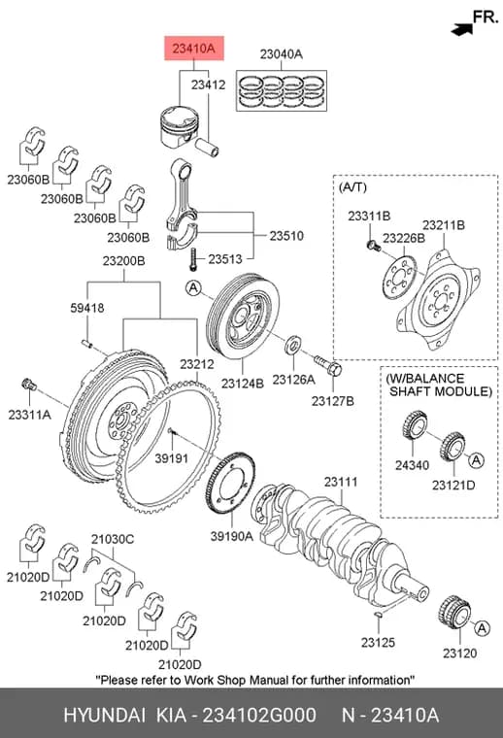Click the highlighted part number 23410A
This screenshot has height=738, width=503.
pyautogui.click(x=194, y=48)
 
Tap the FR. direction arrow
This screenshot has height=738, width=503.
pyautogui.click(x=462, y=30)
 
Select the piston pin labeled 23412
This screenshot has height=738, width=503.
pyautogui.click(x=208, y=147)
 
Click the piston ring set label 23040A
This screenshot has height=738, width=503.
pyautogui.click(x=282, y=54)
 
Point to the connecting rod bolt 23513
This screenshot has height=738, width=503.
pyautogui.click(x=192, y=259)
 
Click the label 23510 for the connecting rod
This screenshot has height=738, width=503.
pyautogui.click(x=286, y=235)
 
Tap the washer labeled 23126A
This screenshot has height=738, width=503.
pyautogui.click(x=293, y=345)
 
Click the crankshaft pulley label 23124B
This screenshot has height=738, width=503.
pyautogui.click(x=243, y=384)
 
